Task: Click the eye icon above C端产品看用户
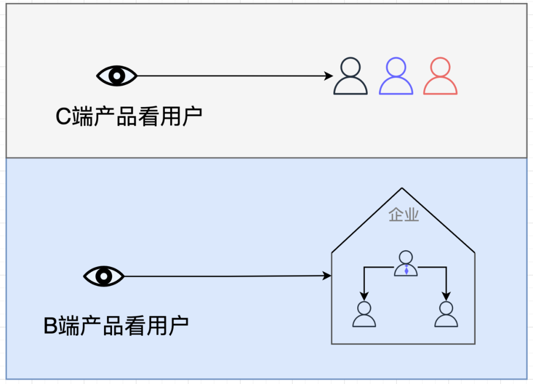tap(116, 76)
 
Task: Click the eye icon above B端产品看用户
tap(104, 276)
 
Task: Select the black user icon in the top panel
tap(350, 76)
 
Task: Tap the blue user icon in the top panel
tap(396, 76)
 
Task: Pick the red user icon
tap(440, 76)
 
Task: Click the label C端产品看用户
tap(129, 117)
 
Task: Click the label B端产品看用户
tap(116, 326)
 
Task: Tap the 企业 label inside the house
tap(404, 215)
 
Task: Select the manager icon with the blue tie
tap(406, 264)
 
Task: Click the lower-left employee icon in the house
tap(364, 314)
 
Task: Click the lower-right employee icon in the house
tap(446, 314)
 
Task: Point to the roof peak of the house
tap(402, 189)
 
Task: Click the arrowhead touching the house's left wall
tap(327, 276)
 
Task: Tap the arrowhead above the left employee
tap(364, 296)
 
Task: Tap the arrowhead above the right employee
tap(446, 296)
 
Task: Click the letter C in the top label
tap(63, 117)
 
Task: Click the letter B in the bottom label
tap(51, 326)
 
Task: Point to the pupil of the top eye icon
tap(116, 76)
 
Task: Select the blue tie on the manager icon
tap(406, 270)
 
